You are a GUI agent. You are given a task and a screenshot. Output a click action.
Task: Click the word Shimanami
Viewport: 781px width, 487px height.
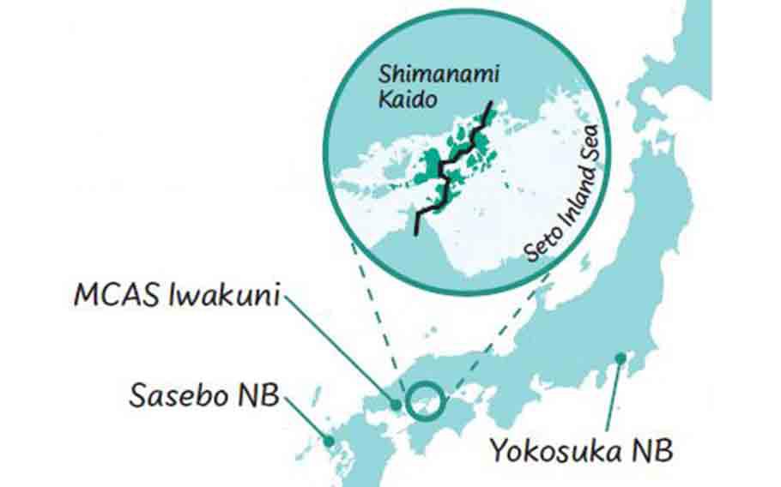(x=420, y=74)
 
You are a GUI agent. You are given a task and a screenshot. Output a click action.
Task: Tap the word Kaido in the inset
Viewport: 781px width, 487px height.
(x=408, y=99)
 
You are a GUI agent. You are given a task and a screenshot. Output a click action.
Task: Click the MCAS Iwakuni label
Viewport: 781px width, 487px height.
(x=177, y=297)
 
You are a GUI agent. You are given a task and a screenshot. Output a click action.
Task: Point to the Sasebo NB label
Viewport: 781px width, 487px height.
(x=204, y=395)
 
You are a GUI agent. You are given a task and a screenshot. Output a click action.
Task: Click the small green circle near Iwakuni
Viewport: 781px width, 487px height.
(x=425, y=401)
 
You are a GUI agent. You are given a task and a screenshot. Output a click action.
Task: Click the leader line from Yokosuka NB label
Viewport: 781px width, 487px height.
(x=613, y=394)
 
